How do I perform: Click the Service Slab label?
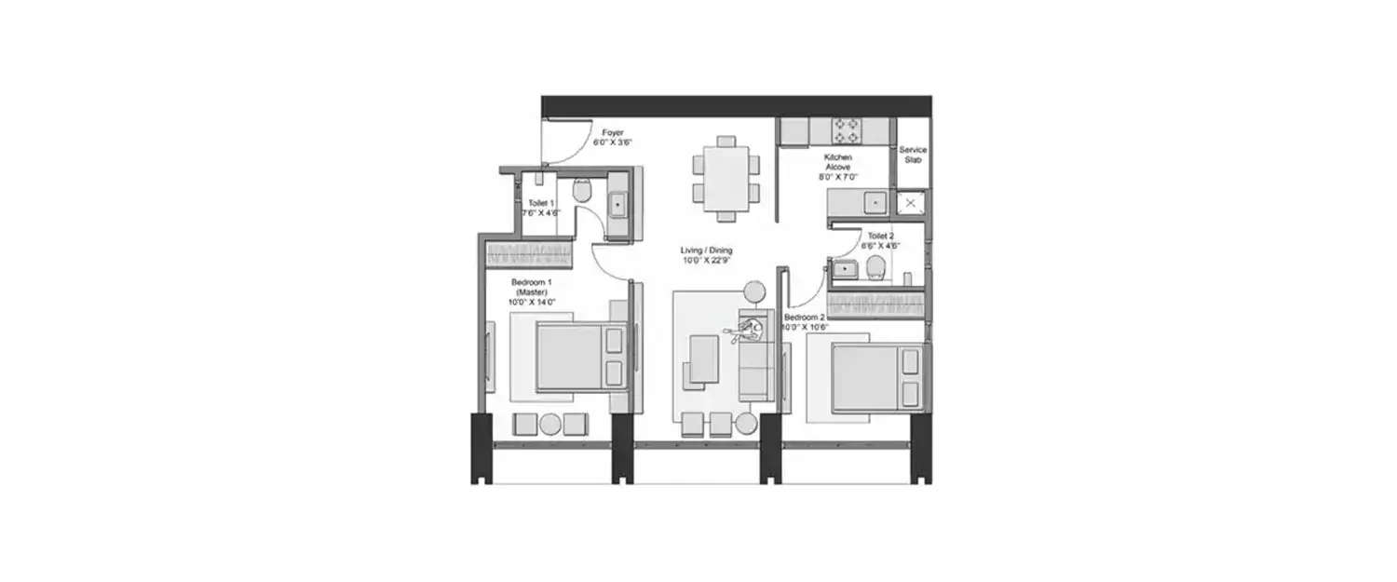click(x=913, y=155)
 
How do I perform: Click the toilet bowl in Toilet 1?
click(x=582, y=193)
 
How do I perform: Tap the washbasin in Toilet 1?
click(x=618, y=203)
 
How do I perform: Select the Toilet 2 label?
click(x=880, y=237)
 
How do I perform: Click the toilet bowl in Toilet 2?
click(x=875, y=269)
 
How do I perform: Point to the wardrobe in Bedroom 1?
click(x=529, y=253)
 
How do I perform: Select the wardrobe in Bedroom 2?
click(x=875, y=304)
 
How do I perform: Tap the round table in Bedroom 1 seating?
click(x=550, y=425)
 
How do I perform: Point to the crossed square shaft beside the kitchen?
click(x=910, y=202)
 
